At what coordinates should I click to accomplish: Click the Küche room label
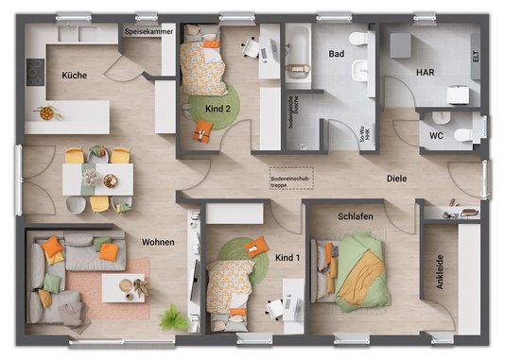tap(75, 75)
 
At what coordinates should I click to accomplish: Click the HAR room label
tap(425, 72)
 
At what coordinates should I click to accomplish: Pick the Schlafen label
tap(355, 217)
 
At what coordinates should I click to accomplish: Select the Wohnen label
tap(158, 243)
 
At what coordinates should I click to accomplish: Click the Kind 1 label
tap(287, 257)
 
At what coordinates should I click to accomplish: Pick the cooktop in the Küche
tap(34, 72)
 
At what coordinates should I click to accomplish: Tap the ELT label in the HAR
tap(475, 56)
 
